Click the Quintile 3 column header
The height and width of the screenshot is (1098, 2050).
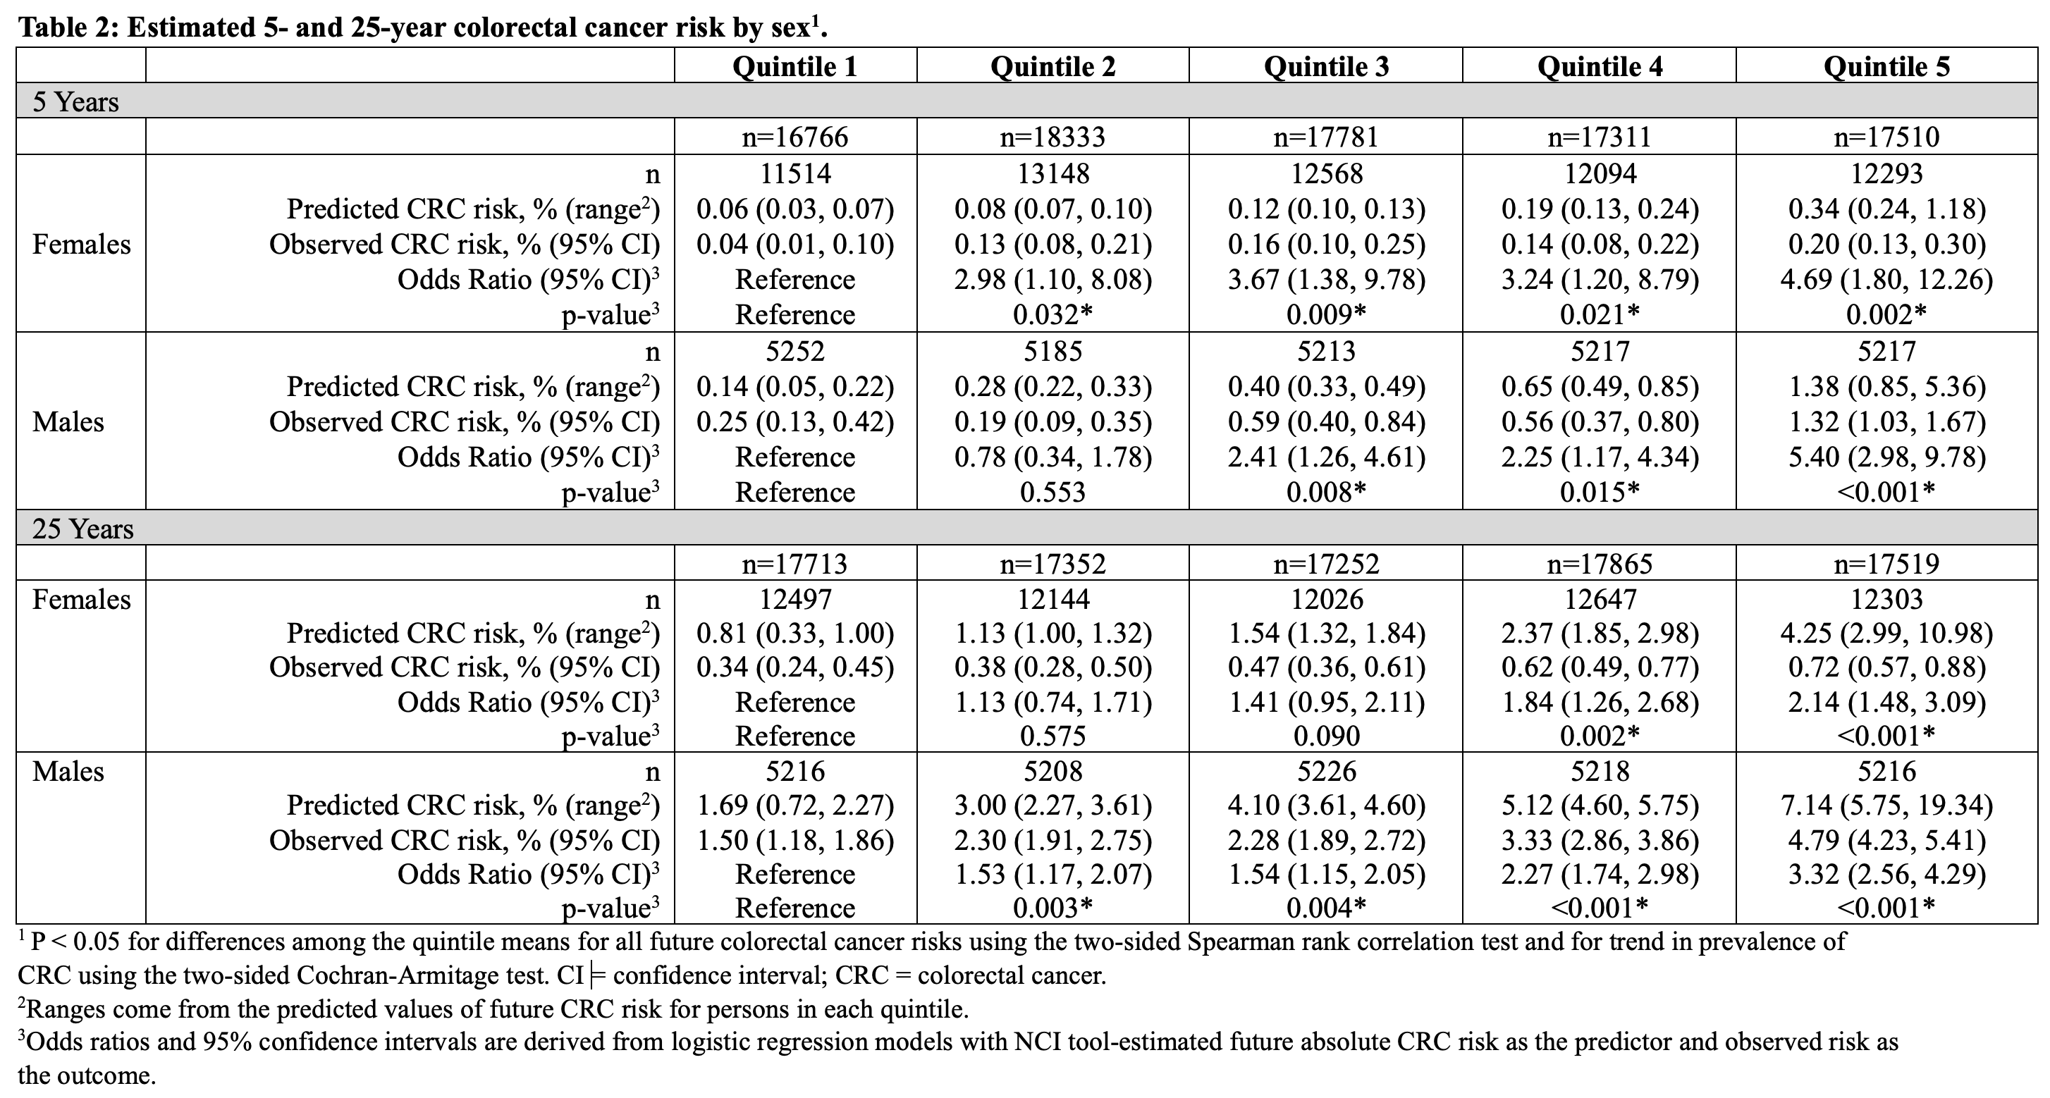[x=1326, y=66]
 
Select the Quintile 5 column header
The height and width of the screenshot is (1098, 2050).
[x=1887, y=66]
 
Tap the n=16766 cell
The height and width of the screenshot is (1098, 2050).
[x=795, y=137]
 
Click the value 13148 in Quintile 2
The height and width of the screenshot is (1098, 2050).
[x=1053, y=173]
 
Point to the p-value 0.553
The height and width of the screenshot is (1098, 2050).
[x=1053, y=493]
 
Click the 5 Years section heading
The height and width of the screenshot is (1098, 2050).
[x=75, y=102]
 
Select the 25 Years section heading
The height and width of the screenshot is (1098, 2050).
[x=82, y=529]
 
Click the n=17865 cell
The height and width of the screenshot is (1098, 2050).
[x=1600, y=564]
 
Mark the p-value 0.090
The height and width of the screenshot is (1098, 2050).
[x=1327, y=736]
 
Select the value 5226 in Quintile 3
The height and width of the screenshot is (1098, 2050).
[x=1327, y=772]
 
